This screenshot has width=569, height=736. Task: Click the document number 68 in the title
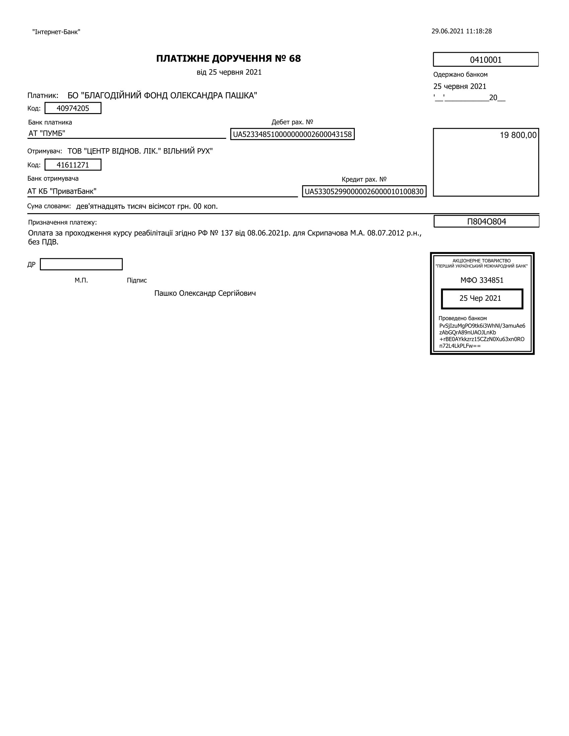click(x=295, y=59)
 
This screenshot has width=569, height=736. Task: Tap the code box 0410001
click(x=485, y=60)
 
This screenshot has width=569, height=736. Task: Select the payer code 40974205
click(x=73, y=108)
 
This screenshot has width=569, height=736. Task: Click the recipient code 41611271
click(x=73, y=165)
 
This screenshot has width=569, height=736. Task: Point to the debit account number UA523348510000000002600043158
click(x=292, y=134)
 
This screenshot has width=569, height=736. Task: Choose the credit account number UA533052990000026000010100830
click(x=364, y=192)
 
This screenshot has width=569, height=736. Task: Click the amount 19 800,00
click(x=518, y=135)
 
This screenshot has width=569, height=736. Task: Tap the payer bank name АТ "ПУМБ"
click(x=47, y=133)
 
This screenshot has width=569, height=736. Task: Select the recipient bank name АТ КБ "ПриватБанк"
click(x=62, y=191)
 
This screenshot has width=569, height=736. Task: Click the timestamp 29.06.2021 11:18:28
click(x=462, y=31)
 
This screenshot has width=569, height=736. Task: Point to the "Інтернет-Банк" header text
click(x=56, y=32)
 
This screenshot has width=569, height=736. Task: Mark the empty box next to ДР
click(x=81, y=264)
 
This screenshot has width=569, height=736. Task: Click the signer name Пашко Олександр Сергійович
click(x=205, y=293)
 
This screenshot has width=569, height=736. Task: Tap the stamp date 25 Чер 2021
click(x=480, y=298)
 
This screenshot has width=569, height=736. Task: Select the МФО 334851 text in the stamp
click(x=482, y=280)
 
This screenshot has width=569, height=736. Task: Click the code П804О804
click(x=486, y=221)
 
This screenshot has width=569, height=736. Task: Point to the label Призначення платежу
click(x=62, y=222)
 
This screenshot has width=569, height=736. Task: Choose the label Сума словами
click(x=49, y=206)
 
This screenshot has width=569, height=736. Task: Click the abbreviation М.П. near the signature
click(x=81, y=280)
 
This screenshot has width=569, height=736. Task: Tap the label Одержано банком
click(x=460, y=75)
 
